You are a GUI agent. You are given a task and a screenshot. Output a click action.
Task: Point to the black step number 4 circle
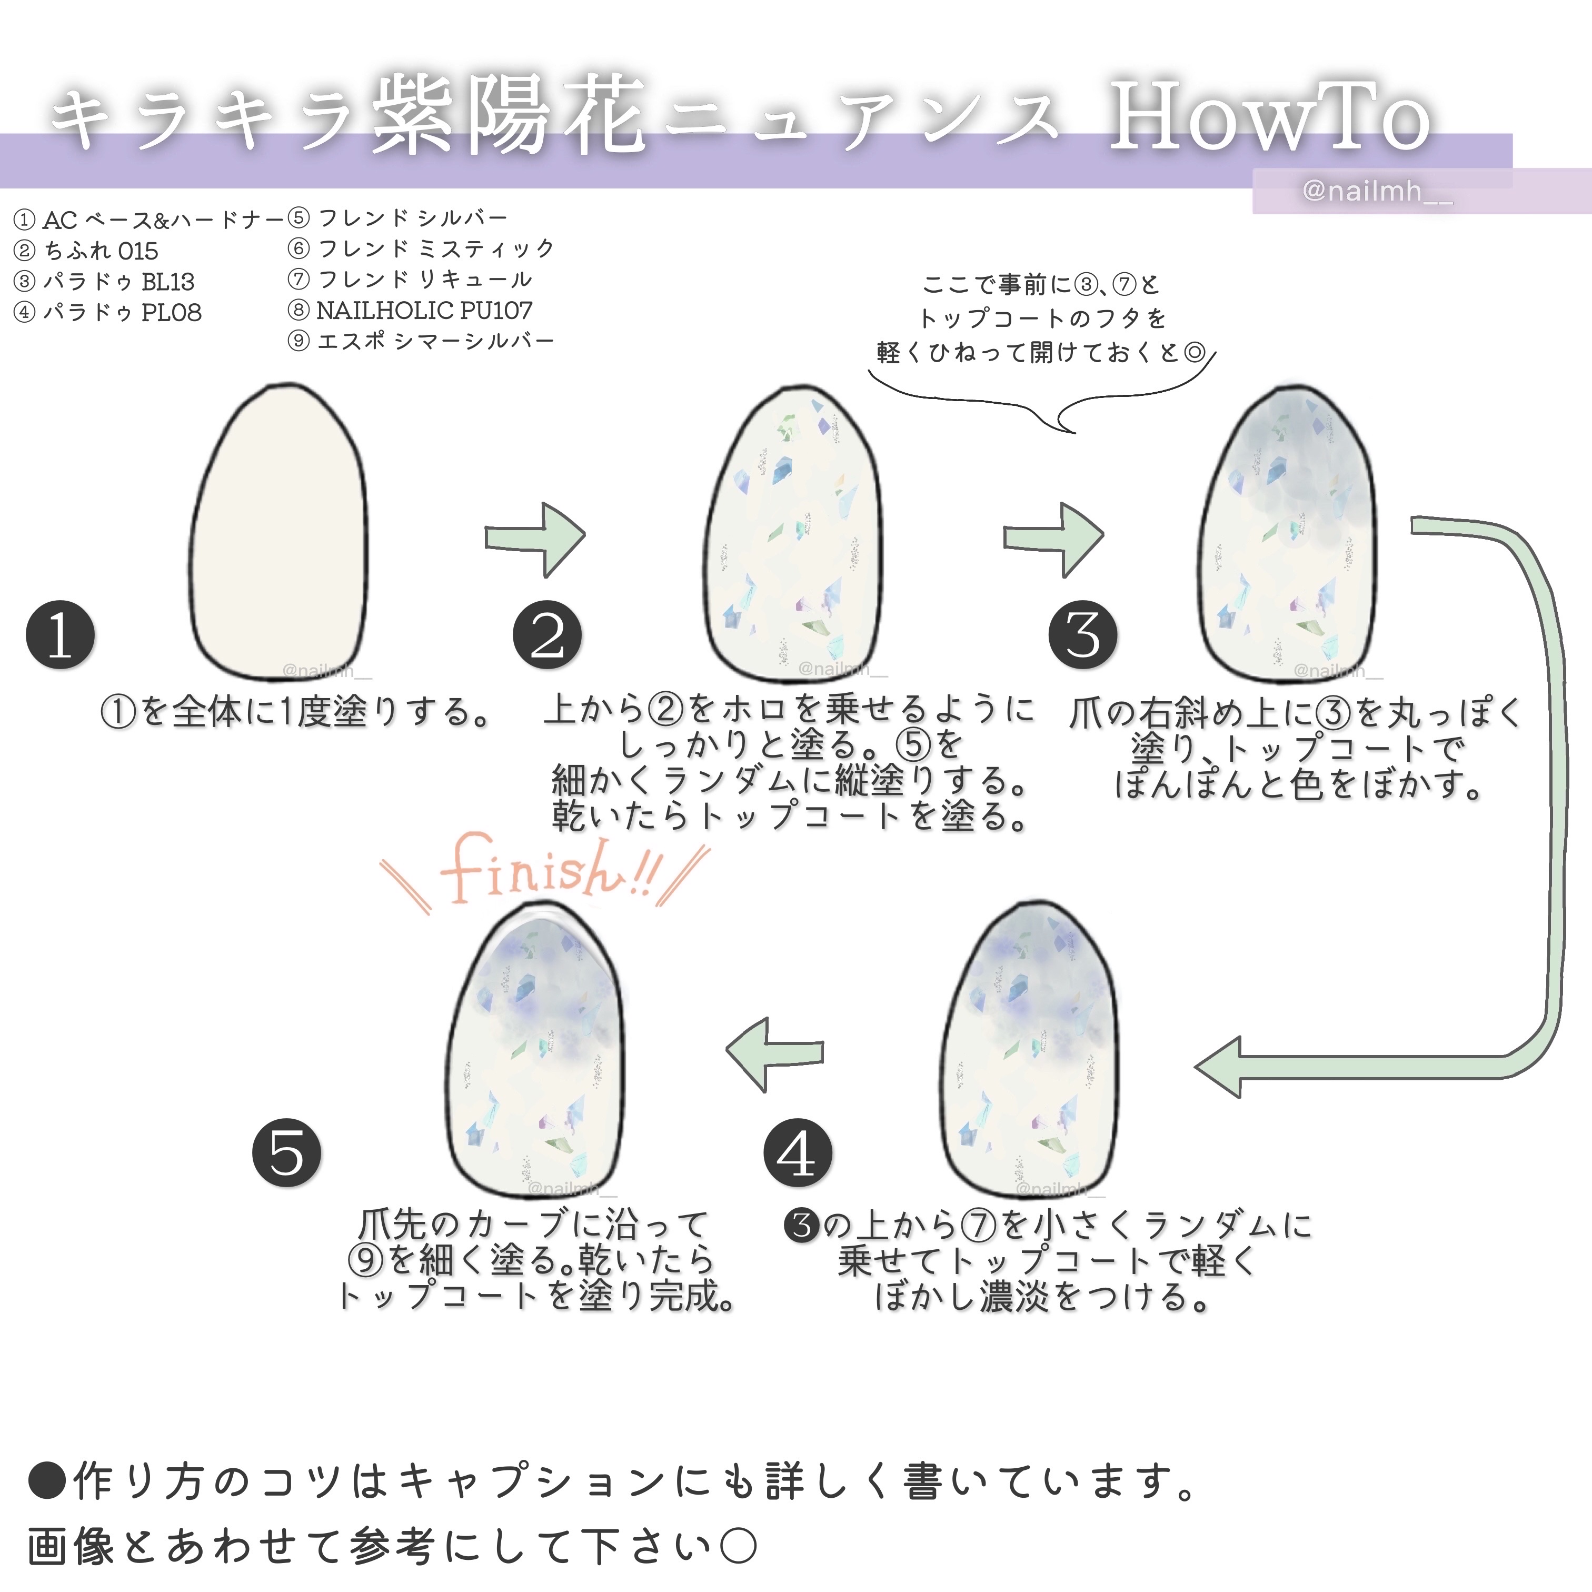point(798,1153)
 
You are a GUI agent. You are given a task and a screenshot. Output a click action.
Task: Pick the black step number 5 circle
point(287,1153)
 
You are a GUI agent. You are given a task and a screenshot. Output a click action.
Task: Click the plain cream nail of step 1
point(278,532)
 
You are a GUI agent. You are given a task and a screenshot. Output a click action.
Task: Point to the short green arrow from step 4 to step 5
point(774,1053)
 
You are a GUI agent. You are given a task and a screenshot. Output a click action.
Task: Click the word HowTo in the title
point(1269,120)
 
